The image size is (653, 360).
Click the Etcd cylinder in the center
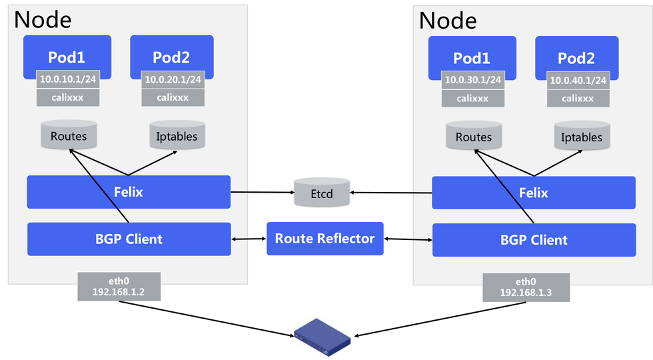click(322, 193)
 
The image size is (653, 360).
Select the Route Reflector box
click(325, 239)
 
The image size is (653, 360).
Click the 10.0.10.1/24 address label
click(68, 79)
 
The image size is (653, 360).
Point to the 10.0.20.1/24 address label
click(173, 79)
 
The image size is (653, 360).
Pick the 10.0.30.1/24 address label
click(472, 80)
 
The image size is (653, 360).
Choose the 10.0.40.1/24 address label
click(578, 81)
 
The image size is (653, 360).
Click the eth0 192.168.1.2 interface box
click(119, 287)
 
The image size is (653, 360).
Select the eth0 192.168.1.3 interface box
click(526, 287)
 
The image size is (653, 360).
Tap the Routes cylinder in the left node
click(69, 135)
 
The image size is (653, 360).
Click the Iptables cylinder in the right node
click(582, 136)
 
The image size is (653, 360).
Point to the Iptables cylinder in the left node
click(177, 135)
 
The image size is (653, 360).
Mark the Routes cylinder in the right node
click(474, 136)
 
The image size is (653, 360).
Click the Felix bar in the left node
click(129, 192)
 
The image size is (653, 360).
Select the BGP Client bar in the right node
click(534, 240)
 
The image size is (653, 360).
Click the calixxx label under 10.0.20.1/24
click(173, 97)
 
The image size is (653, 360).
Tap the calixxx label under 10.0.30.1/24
click(472, 99)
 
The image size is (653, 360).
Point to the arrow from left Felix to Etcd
click(263, 192)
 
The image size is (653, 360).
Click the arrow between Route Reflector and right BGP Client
click(408, 239)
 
